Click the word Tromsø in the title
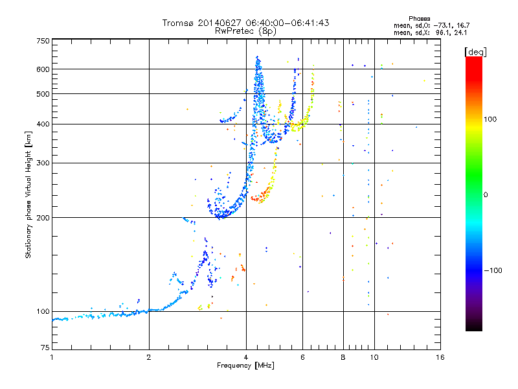coord(178,23)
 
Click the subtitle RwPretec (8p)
coord(245,31)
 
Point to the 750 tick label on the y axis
coord(43,41)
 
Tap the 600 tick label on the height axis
coord(43,69)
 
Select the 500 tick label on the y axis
coord(43,94)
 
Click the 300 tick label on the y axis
coord(43,163)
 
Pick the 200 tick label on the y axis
coord(43,218)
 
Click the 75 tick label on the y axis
coord(45,348)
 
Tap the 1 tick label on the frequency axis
coord(52,357)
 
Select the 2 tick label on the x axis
coord(149,357)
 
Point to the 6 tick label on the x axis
coord(302,357)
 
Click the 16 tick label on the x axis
coord(440,357)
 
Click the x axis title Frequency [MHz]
coord(245,366)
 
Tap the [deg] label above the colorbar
coord(475,52)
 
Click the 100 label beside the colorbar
coord(490,119)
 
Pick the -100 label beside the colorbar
coord(493,270)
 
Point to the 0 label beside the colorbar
coord(486,195)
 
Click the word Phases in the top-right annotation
coord(420,19)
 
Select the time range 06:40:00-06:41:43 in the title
coord(287,23)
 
